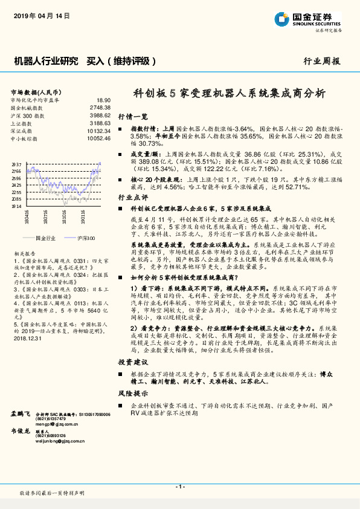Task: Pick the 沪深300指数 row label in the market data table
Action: (28, 115)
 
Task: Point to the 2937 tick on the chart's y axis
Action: (16, 164)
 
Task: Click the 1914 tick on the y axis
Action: (16, 206)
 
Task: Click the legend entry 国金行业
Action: (45, 238)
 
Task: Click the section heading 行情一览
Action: (132, 115)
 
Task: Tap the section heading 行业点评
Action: (132, 197)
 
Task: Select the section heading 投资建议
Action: (132, 361)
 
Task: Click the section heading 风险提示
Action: (132, 392)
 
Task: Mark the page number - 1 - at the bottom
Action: (179, 487)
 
